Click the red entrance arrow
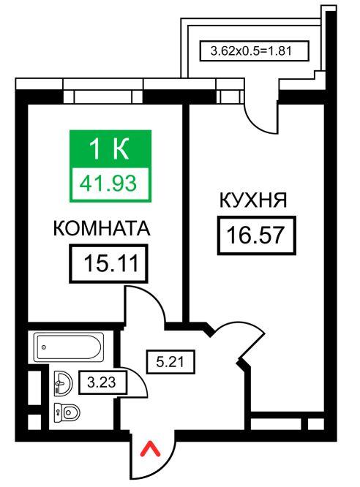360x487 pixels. point(151,449)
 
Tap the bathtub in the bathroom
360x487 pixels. point(69,347)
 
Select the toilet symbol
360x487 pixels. point(67,412)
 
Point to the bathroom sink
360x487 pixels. point(63,383)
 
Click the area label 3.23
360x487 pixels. point(102,382)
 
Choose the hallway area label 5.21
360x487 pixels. point(170,362)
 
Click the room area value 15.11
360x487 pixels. point(111,263)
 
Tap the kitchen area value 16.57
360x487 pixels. point(256,235)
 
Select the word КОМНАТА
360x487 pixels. point(102,228)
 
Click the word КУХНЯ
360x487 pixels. point(253,200)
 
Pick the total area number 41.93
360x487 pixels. point(108,184)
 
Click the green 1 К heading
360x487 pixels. point(109,148)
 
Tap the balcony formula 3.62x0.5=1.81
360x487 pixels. point(252,50)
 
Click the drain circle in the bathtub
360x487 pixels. point(44,347)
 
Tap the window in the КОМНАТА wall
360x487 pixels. point(103,97)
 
